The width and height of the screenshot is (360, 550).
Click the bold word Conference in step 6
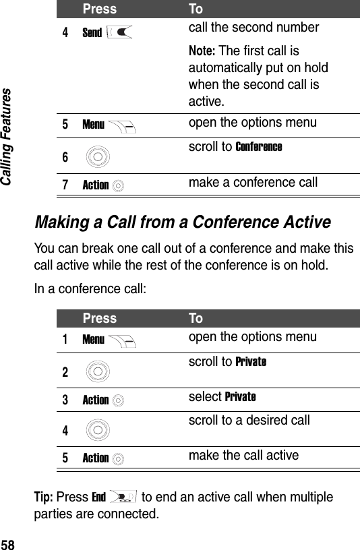click(x=259, y=147)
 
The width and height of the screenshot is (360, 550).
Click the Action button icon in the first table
click(x=119, y=185)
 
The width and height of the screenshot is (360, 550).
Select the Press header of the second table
click(x=100, y=318)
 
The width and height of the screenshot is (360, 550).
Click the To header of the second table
click(x=196, y=318)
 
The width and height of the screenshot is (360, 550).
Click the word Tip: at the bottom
click(x=68, y=497)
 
